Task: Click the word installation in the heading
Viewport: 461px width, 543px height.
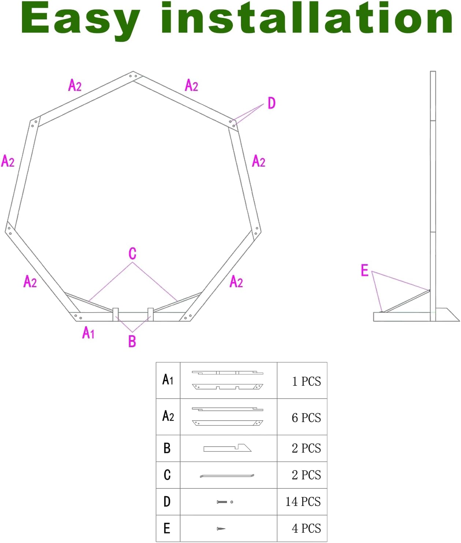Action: point(307,18)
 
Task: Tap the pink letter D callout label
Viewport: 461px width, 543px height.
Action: point(271,103)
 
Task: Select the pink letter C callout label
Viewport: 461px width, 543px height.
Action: point(133,254)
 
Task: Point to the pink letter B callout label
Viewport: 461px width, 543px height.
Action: point(132,341)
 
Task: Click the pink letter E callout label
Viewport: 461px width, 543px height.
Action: point(364,270)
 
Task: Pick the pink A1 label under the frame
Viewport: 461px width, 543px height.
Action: point(88,333)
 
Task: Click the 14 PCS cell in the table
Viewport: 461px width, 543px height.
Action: point(303,502)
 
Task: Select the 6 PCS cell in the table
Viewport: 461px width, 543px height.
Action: point(306,418)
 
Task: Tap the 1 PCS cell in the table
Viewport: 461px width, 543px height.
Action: point(306,381)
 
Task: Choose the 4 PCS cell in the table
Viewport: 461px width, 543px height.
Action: point(306,528)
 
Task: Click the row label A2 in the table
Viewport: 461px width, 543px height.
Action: point(168,416)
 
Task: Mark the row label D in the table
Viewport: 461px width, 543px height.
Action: point(167,501)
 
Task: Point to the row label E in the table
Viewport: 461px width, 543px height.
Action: point(167,528)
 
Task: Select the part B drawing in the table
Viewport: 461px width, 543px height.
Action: point(227,448)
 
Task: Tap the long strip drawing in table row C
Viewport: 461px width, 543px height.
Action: point(227,476)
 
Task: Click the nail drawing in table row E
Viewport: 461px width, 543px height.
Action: point(221,529)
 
